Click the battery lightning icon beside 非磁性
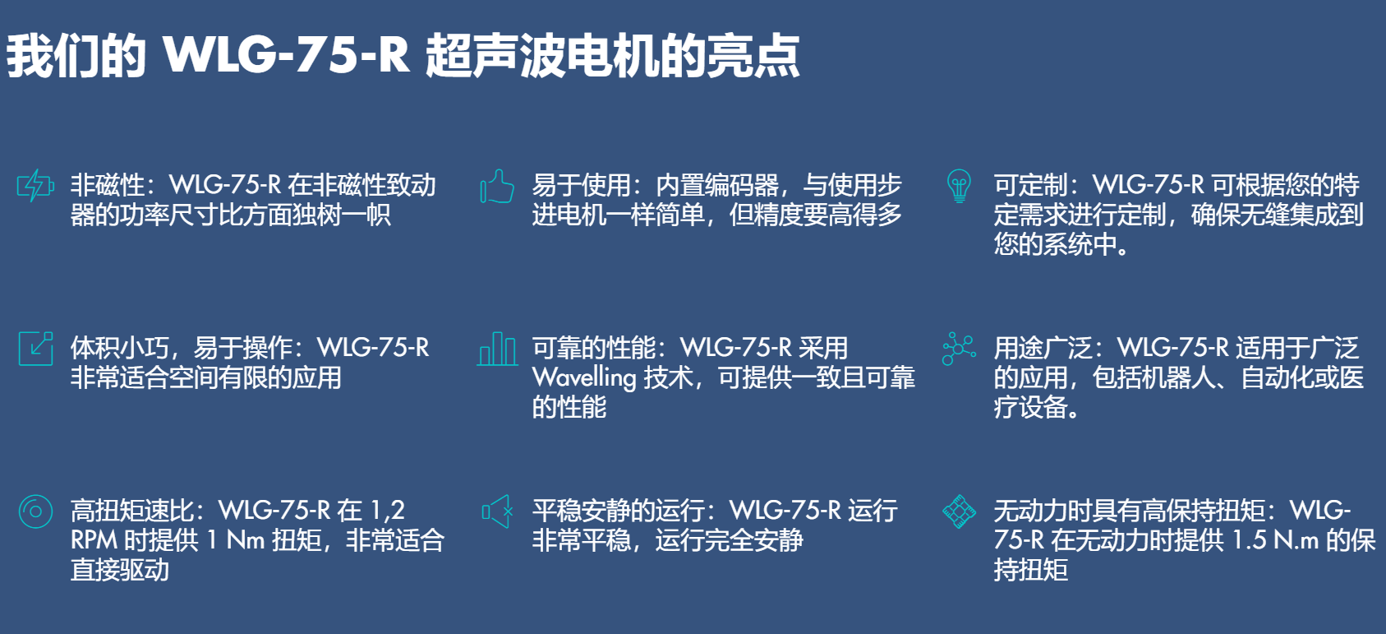click(35, 185)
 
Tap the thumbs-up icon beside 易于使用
click(497, 186)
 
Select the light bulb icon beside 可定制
click(959, 186)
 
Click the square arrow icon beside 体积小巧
click(36, 349)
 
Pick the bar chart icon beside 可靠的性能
click(497, 349)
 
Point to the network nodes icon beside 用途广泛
click(959, 349)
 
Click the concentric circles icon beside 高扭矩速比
click(36, 511)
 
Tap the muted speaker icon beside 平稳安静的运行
click(498, 511)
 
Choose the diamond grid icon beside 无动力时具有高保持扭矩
click(959, 511)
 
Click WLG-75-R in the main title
click(286, 56)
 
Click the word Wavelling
click(584, 377)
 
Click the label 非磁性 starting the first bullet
click(107, 185)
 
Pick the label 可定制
click(1030, 185)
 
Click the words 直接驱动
click(119, 570)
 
